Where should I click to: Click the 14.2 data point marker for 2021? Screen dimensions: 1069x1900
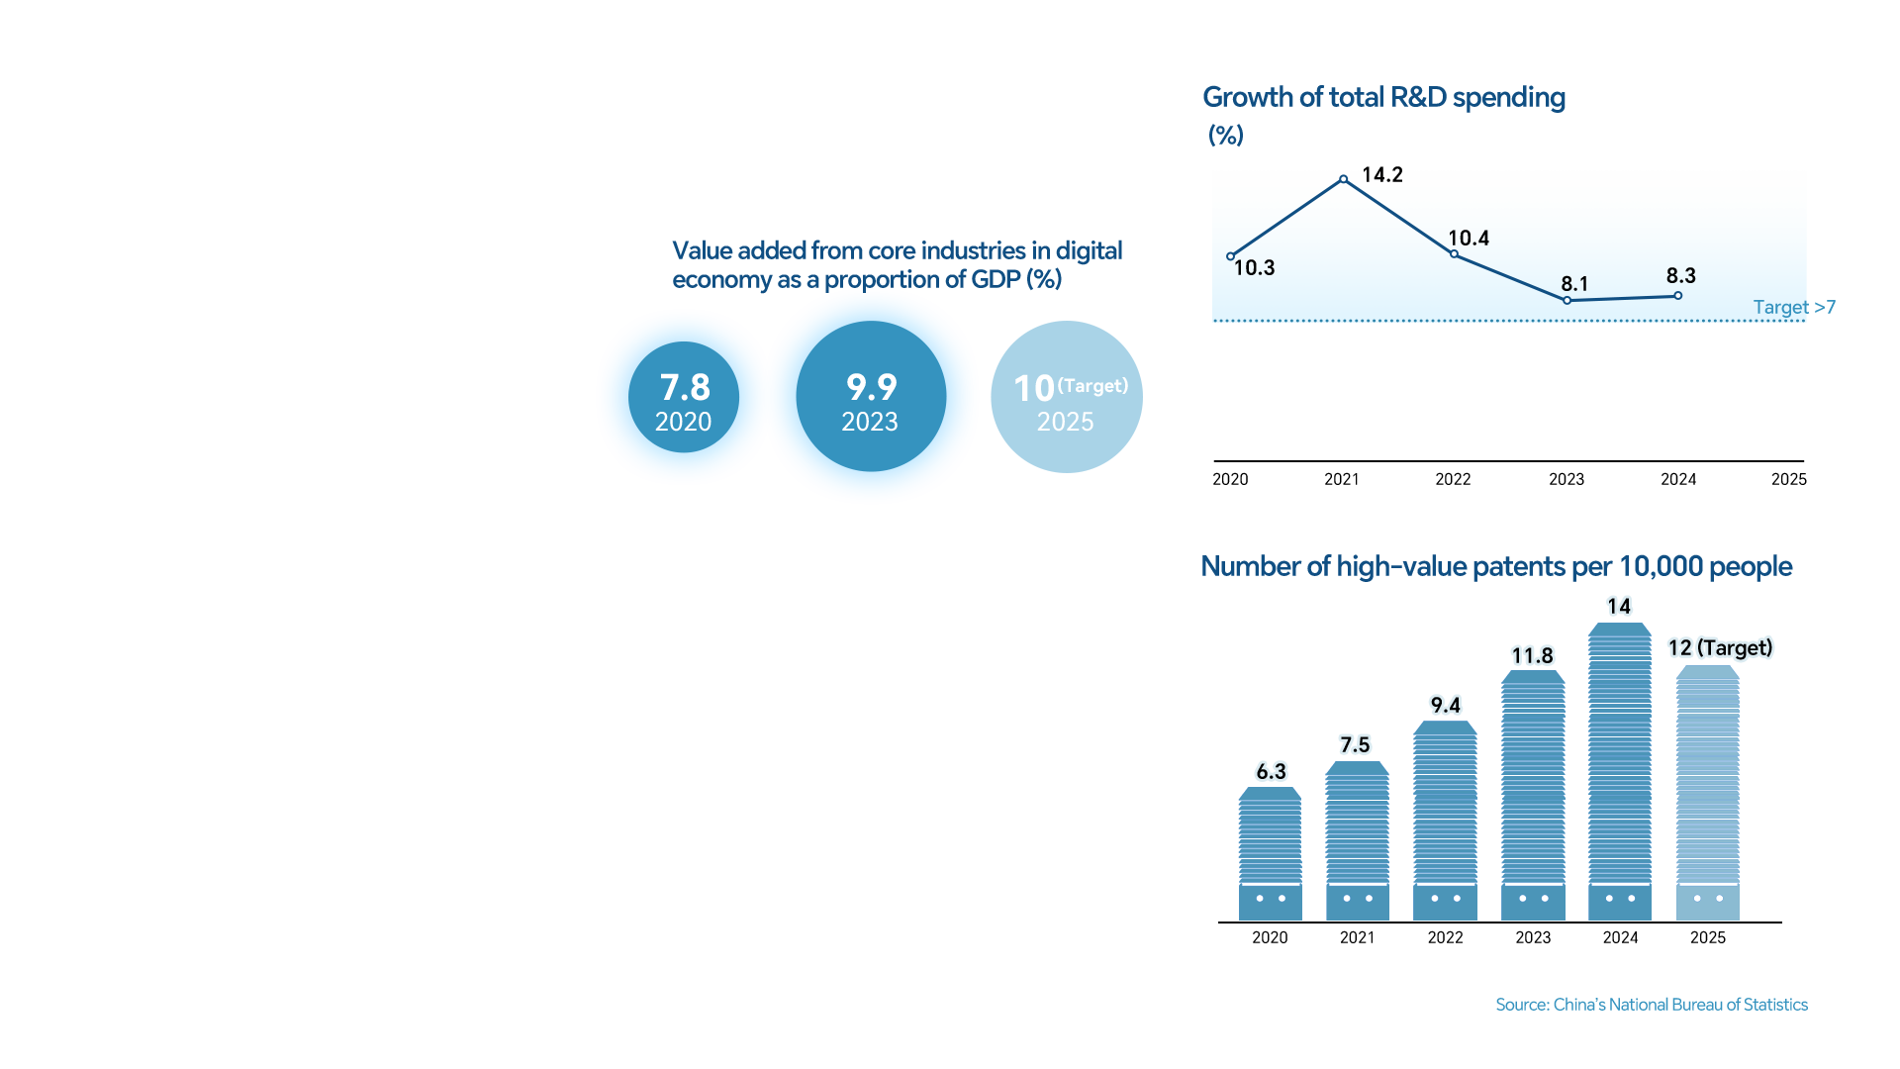tap(1343, 179)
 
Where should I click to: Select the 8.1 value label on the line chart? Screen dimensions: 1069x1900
tap(1574, 284)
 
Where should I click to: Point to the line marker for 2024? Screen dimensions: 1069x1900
tap(1677, 296)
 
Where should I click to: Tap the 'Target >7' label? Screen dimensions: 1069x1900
tap(1793, 308)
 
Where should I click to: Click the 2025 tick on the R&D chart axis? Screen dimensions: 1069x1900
tap(1788, 479)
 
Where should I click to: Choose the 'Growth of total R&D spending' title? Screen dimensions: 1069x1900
tap(1383, 97)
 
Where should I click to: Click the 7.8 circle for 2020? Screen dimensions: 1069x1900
tap(684, 398)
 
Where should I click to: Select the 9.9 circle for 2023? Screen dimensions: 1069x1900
tap(871, 397)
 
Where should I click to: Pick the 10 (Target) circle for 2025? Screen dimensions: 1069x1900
tap(1066, 397)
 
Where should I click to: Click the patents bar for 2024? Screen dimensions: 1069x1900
tap(1620, 772)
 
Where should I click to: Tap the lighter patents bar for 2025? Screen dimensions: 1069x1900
tap(1708, 792)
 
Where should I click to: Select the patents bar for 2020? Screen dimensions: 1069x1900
tap(1270, 853)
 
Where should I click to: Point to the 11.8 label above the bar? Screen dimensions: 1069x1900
tap(1532, 655)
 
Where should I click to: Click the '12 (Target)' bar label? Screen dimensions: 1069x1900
tap(1720, 648)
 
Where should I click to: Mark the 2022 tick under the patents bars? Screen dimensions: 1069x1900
tap(1445, 937)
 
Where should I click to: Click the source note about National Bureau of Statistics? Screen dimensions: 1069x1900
tap(1651, 1005)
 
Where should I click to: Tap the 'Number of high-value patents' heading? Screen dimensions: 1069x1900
tap(1495, 566)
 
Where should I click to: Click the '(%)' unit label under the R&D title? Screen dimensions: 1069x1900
tap(1225, 136)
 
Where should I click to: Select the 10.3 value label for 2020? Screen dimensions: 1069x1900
tap(1254, 268)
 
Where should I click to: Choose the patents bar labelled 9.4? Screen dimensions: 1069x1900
tap(1445, 820)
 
